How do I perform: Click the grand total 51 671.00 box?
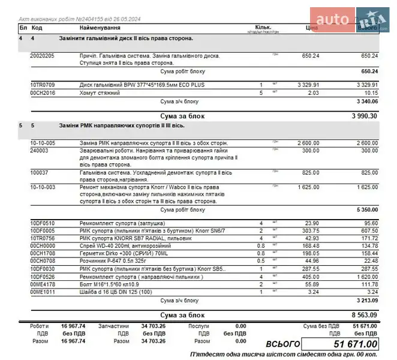tap(340, 344)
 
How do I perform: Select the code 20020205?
tap(42, 56)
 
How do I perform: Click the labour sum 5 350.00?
tap(365, 210)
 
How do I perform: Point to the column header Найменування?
tap(100, 28)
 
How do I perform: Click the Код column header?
tap(37, 28)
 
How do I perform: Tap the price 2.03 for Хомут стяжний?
tap(312, 93)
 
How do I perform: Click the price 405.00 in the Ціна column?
tap(310, 278)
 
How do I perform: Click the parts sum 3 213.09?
tap(365, 300)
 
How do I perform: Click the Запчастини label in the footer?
tap(113, 326)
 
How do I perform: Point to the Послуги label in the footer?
tap(198, 326)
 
